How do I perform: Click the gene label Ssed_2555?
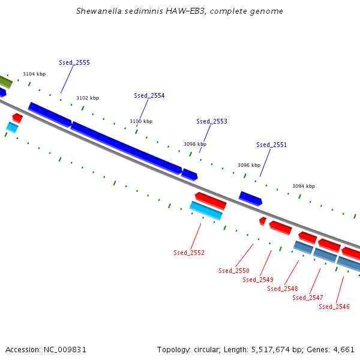tap(74, 62)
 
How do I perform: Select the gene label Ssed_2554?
tap(149, 95)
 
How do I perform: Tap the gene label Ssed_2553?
tap(211, 121)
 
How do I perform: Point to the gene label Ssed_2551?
tap(271, 145)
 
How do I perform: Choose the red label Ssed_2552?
tap(189, 253)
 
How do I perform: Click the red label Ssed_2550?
tap(234, 271)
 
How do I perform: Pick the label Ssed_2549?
tap(258, 280)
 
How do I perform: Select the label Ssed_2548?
tap(283, 289)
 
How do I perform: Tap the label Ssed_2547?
tap(308, 298)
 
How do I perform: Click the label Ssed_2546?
tap(334, 307)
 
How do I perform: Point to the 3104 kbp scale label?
tap(34, 74)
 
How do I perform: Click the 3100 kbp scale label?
tap(141, 121)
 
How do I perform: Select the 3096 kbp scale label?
tap(249, 165)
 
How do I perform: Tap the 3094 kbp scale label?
tap(304, 186)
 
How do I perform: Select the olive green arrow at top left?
tap(5, 82)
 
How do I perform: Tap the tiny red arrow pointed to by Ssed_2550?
tap(262, 221)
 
